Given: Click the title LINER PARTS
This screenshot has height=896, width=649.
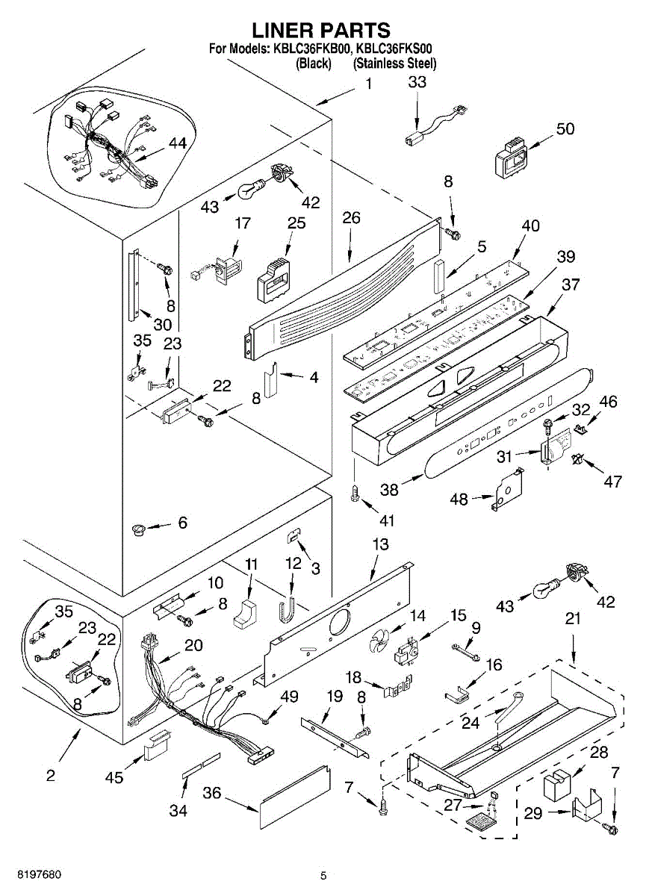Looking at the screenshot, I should pyautogui.click(x=321, y=30).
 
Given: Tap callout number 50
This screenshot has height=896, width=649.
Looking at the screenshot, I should pyautogui.click(x=565, y=128).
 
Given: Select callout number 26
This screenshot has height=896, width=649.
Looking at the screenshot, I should pyautogui.click(x=351, y=218).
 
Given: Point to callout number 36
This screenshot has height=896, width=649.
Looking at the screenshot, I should pyautogui.click(x=212, y=793).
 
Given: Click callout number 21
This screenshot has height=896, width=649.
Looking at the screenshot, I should pyautogui.click(x=573, y=619).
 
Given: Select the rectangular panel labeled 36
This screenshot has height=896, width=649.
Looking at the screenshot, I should pyautogui.click(x=295, y=797).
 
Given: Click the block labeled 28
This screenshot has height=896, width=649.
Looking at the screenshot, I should pyautogui.click(x=557, y=786).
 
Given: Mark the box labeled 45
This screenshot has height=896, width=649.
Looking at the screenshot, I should pyautogui.click(x=158, y=744).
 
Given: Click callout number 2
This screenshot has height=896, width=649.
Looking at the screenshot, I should pyautogui.click(x=50, y=775).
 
